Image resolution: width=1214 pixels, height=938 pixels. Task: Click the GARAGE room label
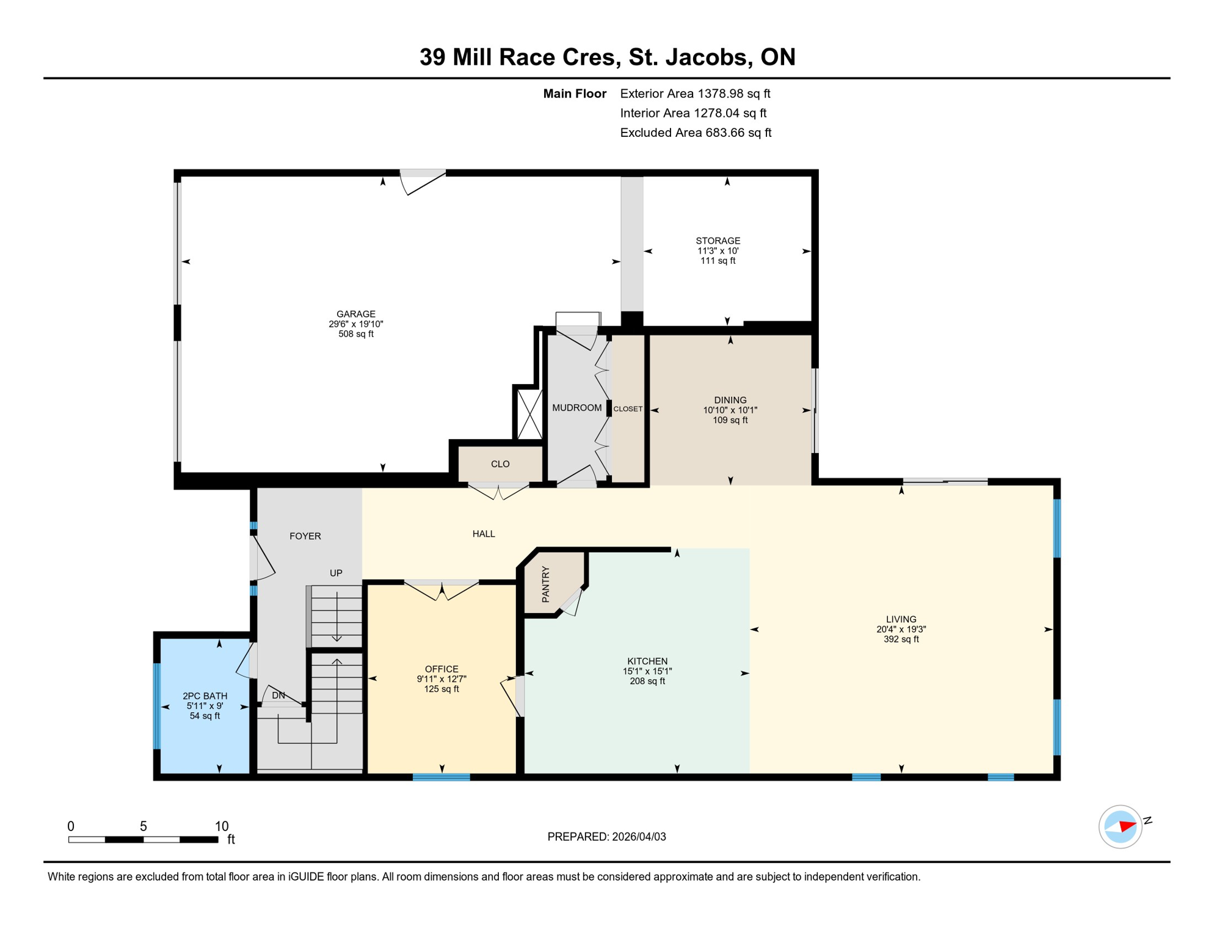[x=355, y=314]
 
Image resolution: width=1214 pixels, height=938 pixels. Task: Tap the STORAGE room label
[x=718, y=241]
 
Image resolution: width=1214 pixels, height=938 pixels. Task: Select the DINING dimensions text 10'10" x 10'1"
[x=730, y=410]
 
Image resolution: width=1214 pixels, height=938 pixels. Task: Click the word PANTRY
[x=546, y=584]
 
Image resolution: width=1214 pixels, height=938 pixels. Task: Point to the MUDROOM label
[x=576, y=408]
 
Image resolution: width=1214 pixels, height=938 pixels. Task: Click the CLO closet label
[x=500, y=464]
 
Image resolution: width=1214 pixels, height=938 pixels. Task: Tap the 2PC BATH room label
[x=205, y=696]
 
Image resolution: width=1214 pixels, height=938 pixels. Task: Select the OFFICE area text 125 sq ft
[x=441, y=689]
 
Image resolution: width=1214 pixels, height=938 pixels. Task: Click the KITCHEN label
[x=647, y=661]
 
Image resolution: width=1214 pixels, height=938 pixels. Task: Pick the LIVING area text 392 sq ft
[x=901, y=639]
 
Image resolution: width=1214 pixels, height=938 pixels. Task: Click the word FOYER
[x=305, y=536]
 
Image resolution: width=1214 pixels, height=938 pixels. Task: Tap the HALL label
[x=483, y=534]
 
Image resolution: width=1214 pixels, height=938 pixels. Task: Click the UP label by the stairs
[x=336, y=573]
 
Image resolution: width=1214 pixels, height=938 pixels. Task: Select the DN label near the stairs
[x=278, y=696]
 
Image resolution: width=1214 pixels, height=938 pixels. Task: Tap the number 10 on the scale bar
[x=221, y=826]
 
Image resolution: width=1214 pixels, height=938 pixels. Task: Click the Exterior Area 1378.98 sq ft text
[x=695, y=93]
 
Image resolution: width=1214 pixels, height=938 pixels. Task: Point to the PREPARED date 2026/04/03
[x=639, y=837]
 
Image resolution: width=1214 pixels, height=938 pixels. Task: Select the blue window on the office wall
[x=441, y=777]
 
